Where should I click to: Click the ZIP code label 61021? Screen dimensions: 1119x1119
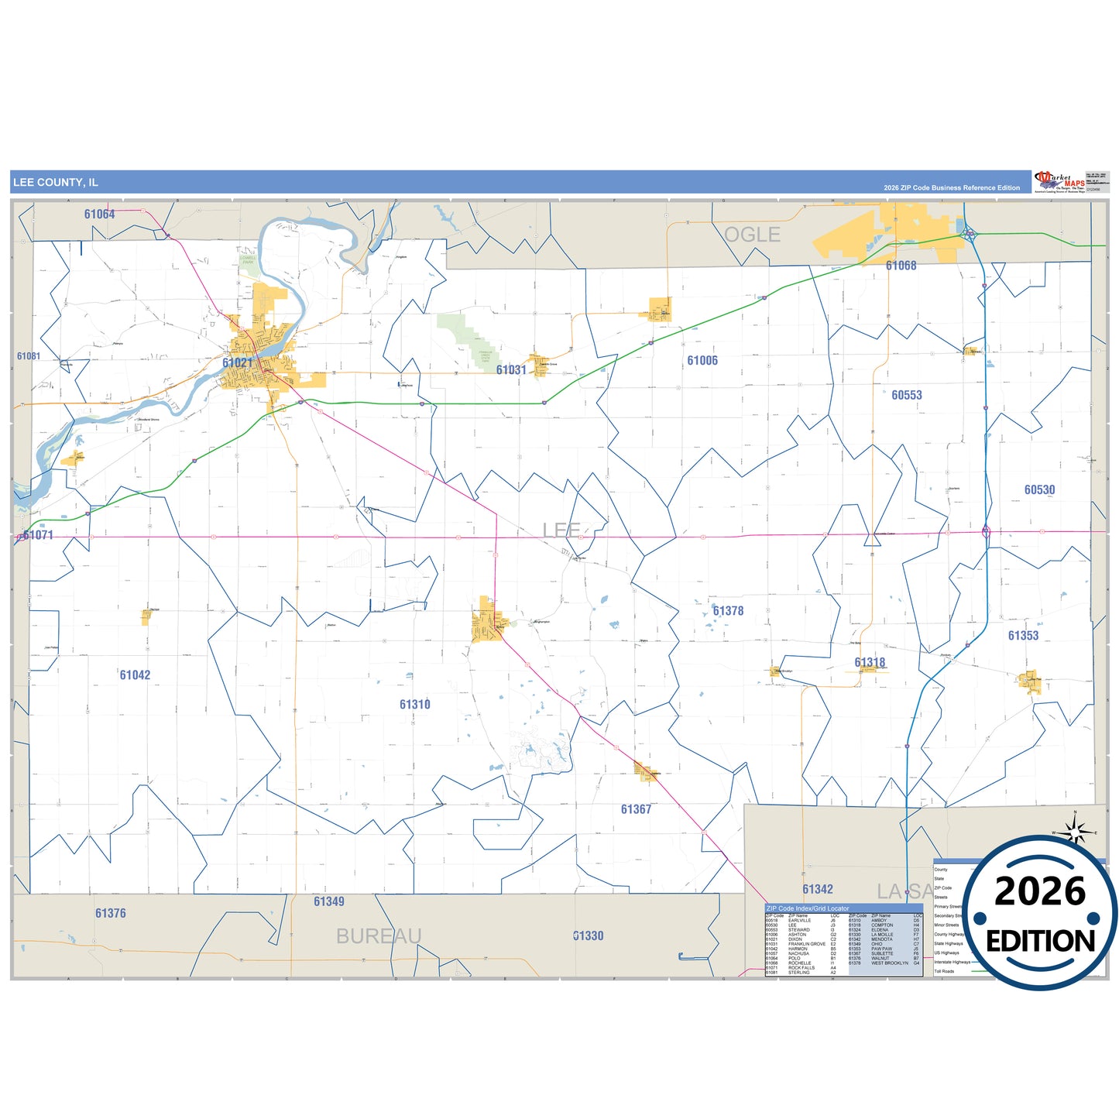pos(237,362)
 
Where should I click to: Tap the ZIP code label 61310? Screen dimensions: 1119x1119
pos(414,705)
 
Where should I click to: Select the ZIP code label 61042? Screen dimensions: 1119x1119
pos(135,675)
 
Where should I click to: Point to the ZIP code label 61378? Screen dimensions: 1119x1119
pos(728,611)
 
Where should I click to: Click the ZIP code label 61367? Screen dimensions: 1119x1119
pos(636,809)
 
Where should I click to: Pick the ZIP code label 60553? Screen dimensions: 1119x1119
pos(906,395)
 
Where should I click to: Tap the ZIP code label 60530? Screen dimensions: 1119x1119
pos(1039,490)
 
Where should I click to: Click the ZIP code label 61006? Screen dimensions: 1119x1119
pos(702,361)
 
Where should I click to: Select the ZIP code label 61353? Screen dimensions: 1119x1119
pos(1023,636)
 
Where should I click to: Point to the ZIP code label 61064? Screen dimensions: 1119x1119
pos(99,215)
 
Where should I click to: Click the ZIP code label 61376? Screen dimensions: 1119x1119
pos(110,914)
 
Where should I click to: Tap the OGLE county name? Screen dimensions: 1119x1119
pos(752,235)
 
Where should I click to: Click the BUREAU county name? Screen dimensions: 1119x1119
pos(379,936)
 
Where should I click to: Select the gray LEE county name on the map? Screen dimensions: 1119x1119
pos(561,530)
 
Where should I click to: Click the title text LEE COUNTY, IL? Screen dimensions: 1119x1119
pos(55,183)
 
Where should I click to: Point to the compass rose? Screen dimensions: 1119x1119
pos(1075,832)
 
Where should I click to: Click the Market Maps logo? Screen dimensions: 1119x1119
pos(1059,182)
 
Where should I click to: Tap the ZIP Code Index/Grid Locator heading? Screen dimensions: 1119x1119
pos(808,908)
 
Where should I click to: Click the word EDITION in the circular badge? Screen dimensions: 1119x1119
pos(1040,942)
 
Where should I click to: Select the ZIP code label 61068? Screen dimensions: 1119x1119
pos(901,266)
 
